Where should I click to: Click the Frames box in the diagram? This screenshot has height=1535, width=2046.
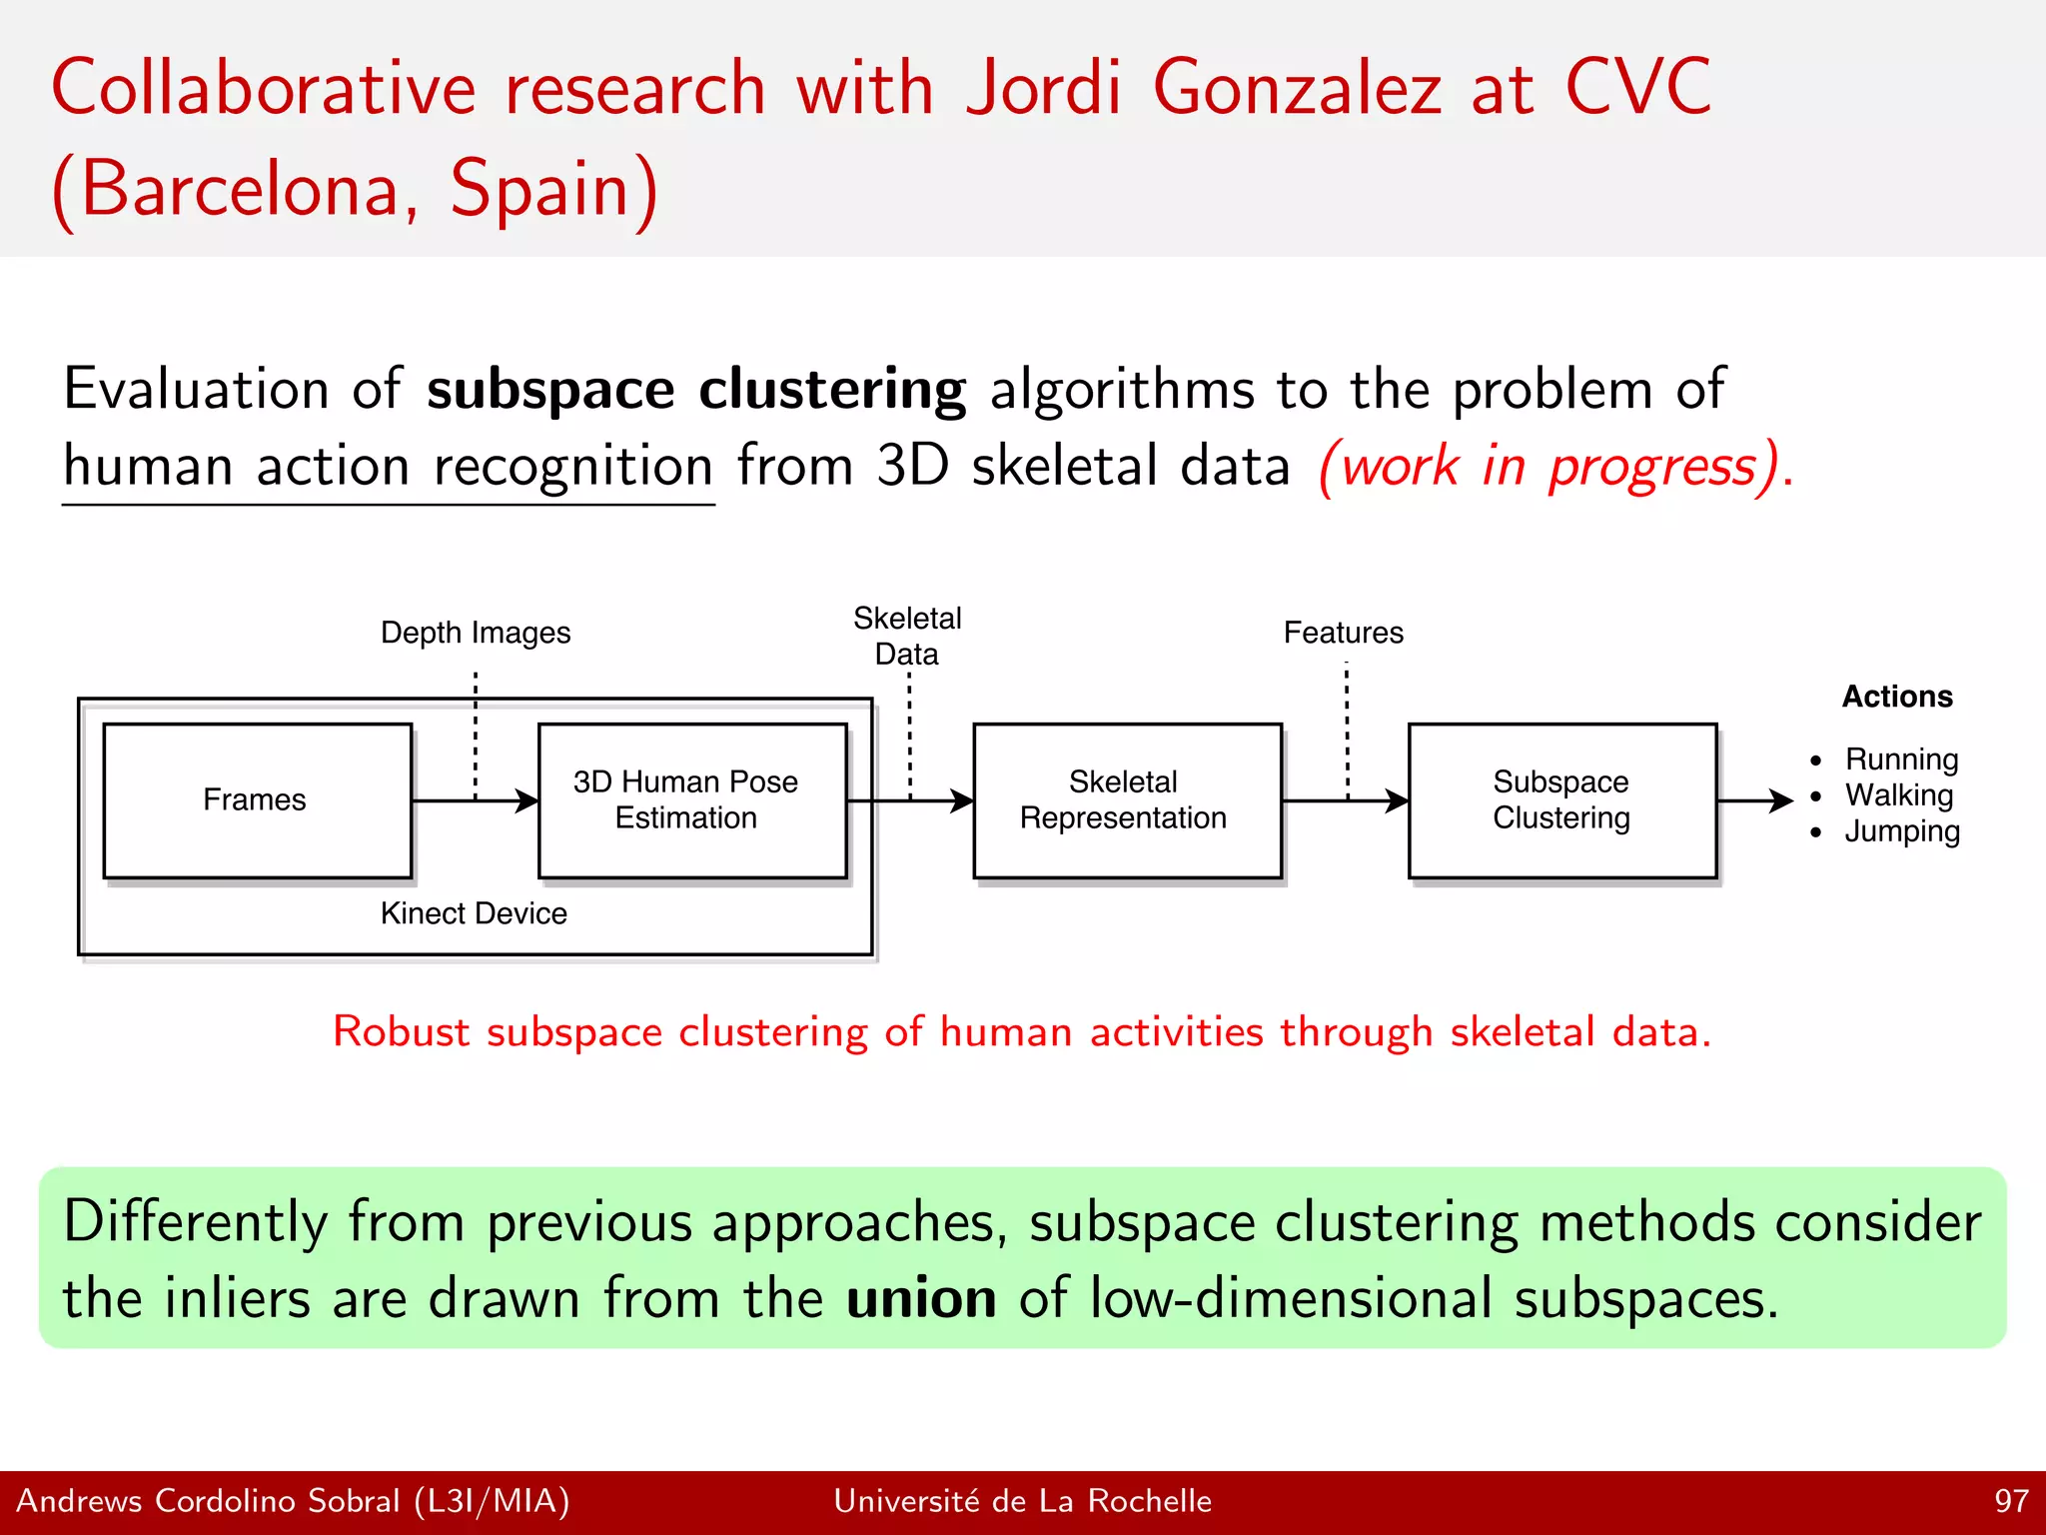click(x=257, y=800)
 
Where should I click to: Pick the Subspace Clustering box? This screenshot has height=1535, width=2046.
click(x=1561, y=800)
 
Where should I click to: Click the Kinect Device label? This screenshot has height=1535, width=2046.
click(x=474, y=913)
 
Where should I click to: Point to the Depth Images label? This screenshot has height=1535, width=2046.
click(x=476, y=633)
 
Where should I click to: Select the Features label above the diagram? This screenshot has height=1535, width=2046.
click(x=1343, y=633)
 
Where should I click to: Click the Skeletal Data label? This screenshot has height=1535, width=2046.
click(x=907, y=636)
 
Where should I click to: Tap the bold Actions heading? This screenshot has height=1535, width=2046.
click(x=1896, y=697)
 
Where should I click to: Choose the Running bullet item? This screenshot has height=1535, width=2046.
click(x=1900, y=760)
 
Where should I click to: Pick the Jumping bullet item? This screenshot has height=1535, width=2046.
click(x=1901, y=831)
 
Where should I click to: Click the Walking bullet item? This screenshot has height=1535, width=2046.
click(x=1898, y=795)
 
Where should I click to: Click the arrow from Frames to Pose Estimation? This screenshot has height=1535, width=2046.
click(x=475, y=800)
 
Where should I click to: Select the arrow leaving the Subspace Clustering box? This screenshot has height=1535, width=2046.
click(x=1754, y=800)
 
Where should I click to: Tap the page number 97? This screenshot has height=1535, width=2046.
click(x=2011, y=1501)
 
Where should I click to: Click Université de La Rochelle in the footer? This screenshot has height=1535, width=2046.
click(x=1022, y=1501)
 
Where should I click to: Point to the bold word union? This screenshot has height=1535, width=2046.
click(x=920, y=1298)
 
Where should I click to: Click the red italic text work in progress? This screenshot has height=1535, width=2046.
click(x=1554, y=467)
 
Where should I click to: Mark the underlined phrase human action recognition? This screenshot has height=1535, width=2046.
click(x=388, y=467)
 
